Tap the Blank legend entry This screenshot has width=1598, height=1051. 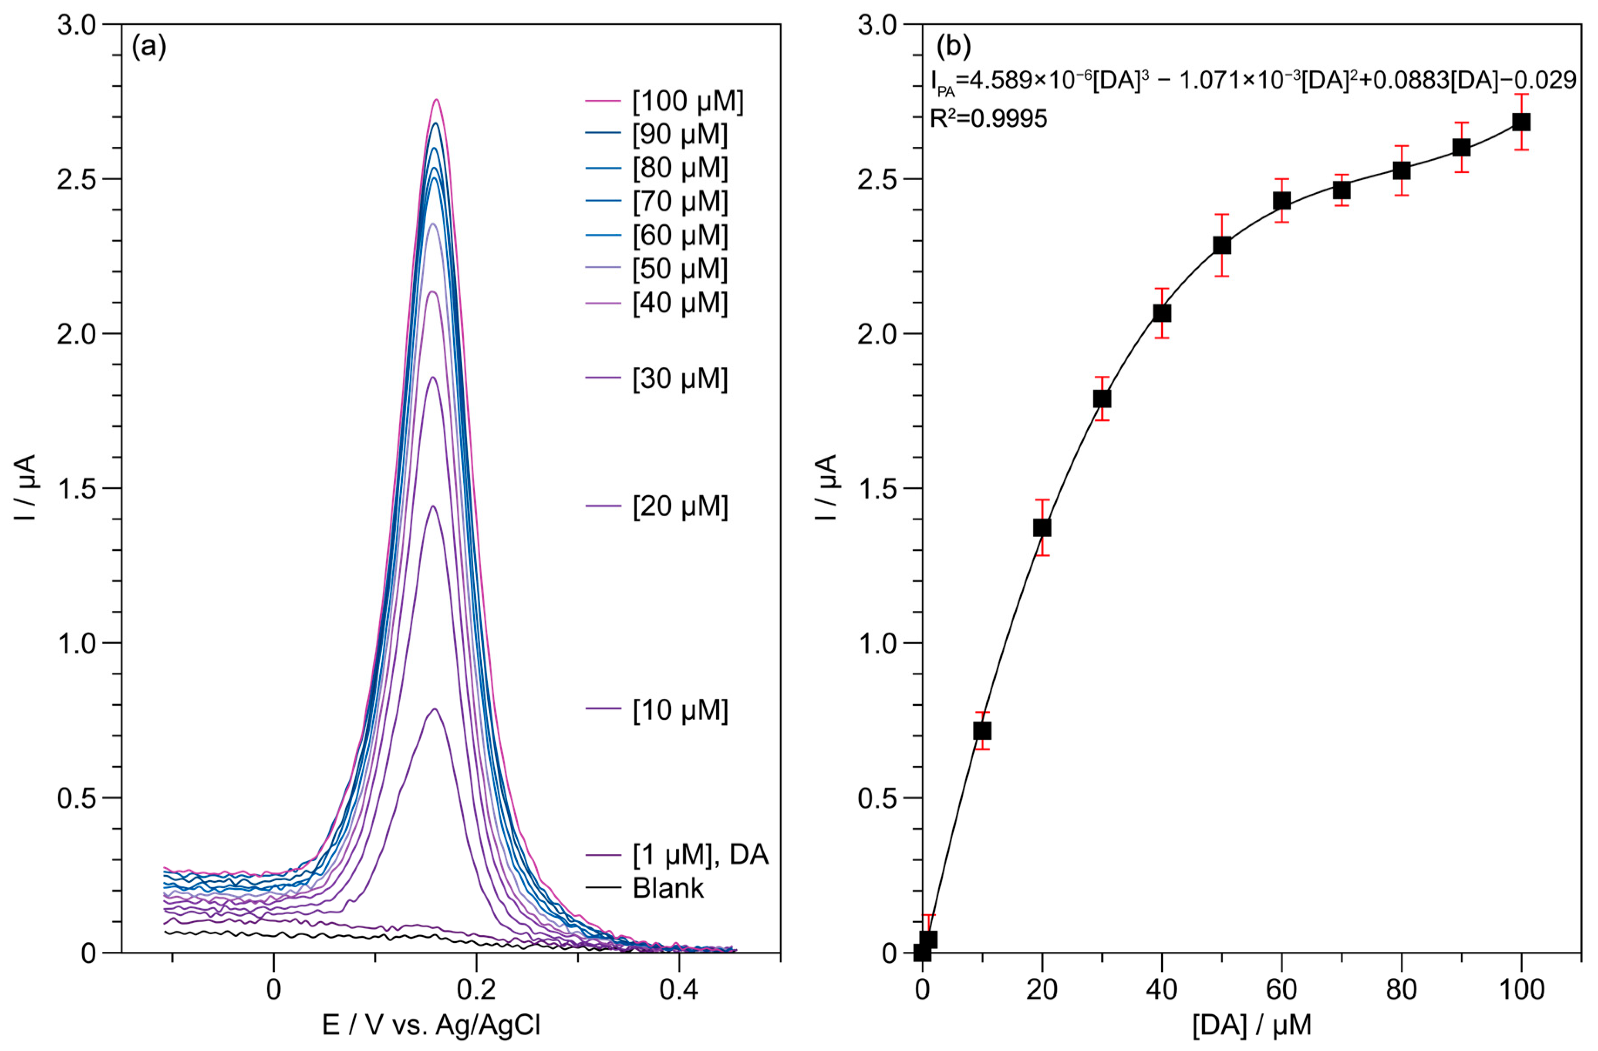668,889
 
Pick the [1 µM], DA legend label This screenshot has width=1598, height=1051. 700,855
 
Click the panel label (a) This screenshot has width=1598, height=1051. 148,47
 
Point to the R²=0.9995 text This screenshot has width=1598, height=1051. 988,119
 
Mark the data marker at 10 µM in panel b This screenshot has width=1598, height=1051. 982,731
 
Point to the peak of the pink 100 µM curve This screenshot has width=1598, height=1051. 436,100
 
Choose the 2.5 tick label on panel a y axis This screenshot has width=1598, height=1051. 77,179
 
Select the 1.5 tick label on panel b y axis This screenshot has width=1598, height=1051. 877,488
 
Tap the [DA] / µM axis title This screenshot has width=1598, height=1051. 1251,1025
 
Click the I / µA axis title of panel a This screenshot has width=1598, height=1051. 26,488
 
